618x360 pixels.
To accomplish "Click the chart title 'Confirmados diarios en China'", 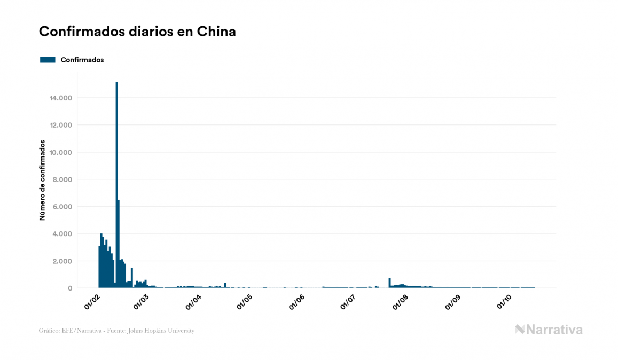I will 137,32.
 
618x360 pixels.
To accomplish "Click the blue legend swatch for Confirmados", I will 48,60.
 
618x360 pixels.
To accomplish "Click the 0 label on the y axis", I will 70,288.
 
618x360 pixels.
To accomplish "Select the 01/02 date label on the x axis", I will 92,301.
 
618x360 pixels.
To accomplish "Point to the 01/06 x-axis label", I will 297,301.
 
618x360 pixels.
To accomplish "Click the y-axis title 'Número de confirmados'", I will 42,181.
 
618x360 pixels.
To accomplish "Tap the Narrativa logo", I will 549,330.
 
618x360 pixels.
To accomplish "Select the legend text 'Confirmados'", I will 82,60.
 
